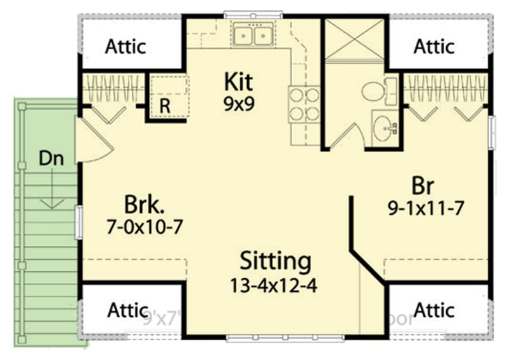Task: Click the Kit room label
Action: point(238,82)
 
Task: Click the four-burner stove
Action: point(304,105)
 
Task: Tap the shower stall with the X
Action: point(354,39)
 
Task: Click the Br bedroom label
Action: point(423,186)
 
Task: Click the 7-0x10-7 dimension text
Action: point(145,226)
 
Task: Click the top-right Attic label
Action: point(434,46)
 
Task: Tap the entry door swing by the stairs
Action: point(92,143)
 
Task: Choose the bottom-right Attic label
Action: point(434,310)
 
